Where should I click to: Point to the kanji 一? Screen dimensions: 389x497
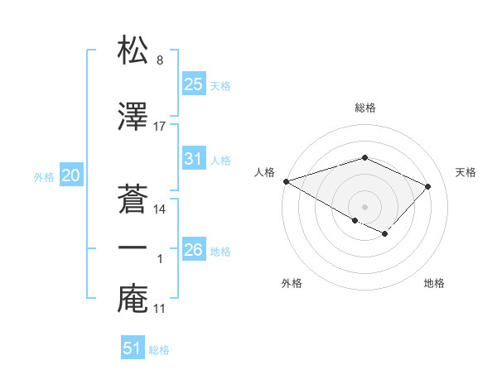(x=133, y=247)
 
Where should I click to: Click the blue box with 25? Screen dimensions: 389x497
(x=193, y=84)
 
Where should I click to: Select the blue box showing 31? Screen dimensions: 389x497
(x=193, y=159)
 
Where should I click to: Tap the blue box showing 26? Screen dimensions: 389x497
(x=193, y=250)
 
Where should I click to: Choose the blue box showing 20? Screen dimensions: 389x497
(x=70, y=175)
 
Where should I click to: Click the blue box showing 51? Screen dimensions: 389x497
(x=133, y=348)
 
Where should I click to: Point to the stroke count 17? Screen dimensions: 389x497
(x=160, y=127)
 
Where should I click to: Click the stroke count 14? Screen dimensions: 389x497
(x=160, y=209)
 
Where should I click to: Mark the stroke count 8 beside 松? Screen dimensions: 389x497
(x=160, y=60)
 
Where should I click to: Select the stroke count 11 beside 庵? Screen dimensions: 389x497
(x=160, y=309)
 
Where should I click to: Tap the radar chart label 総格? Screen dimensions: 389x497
(x=364, y=108)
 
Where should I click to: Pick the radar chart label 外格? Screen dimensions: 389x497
(x=292, y=284)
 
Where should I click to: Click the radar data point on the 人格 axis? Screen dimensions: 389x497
(x=286, y=180)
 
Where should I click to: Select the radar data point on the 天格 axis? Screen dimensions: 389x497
(x=428, y=185)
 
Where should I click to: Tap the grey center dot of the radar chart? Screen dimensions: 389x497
(x=364, y=206)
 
